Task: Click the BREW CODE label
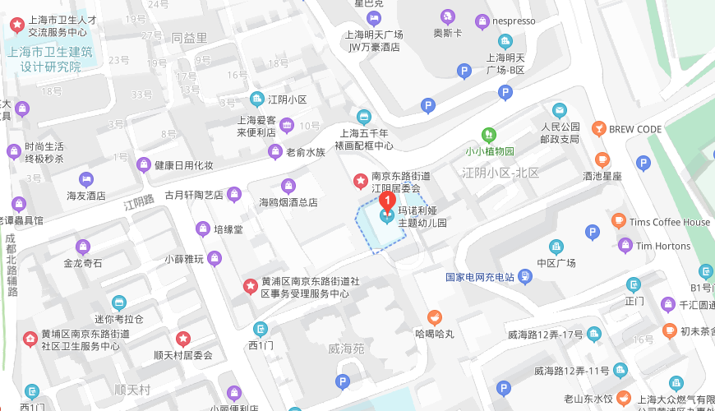click(635, 129)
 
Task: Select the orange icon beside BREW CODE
click(599, 129)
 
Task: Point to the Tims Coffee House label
click(670, 222)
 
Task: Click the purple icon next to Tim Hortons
click(625, 245)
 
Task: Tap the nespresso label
click(514, 21)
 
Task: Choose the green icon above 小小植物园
click(489, 134)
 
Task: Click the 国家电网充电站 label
click(479, 277)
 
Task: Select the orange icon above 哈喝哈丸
click(435, 317)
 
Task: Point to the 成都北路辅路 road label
click(11, 266)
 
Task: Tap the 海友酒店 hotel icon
click(86, 179)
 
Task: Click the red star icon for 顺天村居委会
click(183, 339)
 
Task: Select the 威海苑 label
click(345, 349)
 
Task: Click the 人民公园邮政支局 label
click(560, 133)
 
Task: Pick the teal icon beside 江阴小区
click(256, 99)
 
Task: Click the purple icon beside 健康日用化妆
click(144, 164)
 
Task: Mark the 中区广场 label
click(556, 263)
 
